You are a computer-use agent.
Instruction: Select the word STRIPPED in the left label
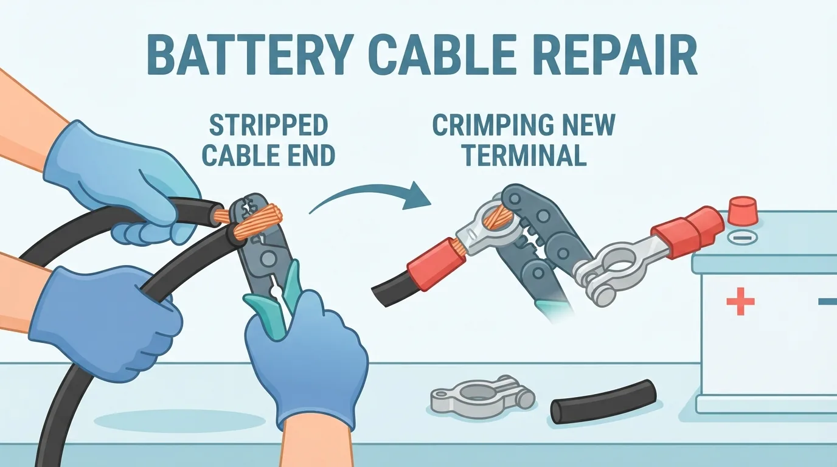[x=268, y=126]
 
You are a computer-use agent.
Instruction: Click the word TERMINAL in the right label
[x=524, y=155]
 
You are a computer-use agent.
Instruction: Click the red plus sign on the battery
[x=740, y=301]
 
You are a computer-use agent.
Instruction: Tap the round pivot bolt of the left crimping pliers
[x=268, y=257]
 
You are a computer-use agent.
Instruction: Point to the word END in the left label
[x=313, y=155]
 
